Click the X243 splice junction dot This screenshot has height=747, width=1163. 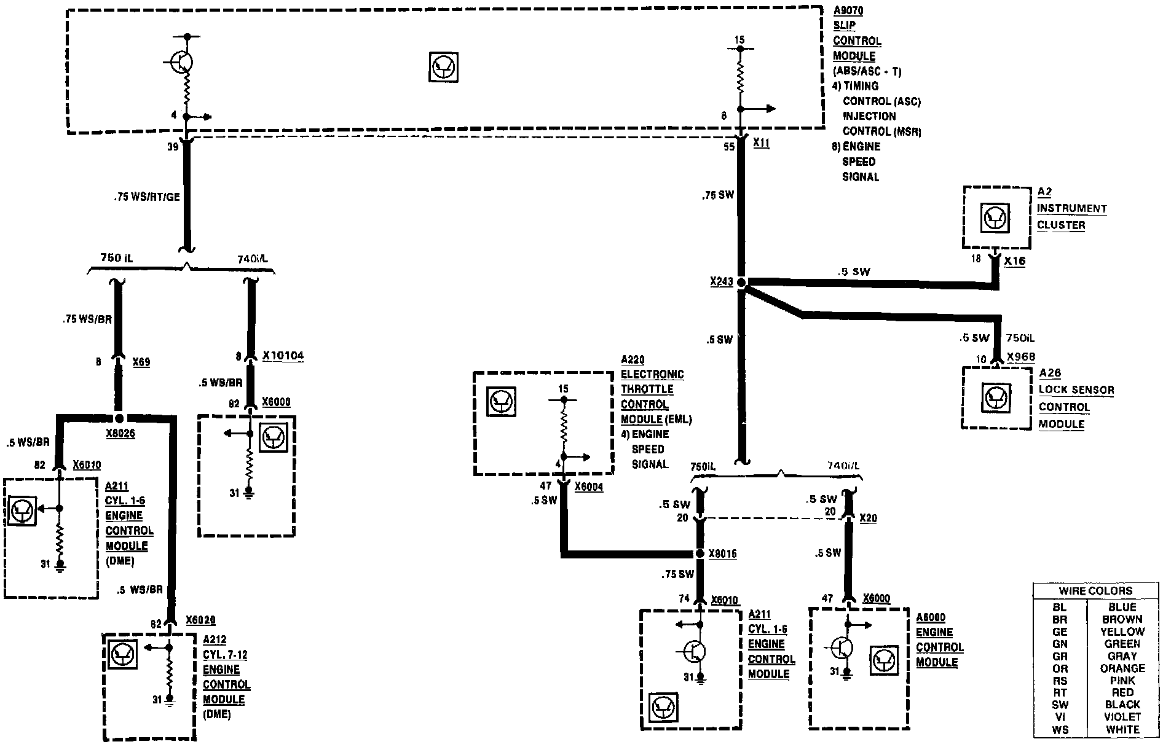(741, 283)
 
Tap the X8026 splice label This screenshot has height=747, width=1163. (120, 433)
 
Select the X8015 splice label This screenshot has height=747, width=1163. (722, 554)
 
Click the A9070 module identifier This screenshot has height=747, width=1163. (848, 10)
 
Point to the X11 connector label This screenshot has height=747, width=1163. (761, 143)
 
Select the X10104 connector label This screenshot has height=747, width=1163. (283, 356)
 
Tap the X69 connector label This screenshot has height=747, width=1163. (141, 362)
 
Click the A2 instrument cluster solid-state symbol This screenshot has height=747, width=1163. (995, 218)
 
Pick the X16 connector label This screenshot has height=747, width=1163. (1015, 261)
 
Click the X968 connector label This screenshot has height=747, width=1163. (1021, 357)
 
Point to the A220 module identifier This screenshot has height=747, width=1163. (633, 360)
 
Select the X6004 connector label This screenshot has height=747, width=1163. (589, 487)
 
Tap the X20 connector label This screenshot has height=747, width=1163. (868, 518)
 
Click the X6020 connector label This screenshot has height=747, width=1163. (200, 620)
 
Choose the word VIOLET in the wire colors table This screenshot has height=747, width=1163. (1122, 717)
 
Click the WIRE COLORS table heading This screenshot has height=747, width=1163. (1095, 591)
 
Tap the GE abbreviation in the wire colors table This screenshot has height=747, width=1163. (1060, 632)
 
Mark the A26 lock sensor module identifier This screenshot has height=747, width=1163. (1050, 373)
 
